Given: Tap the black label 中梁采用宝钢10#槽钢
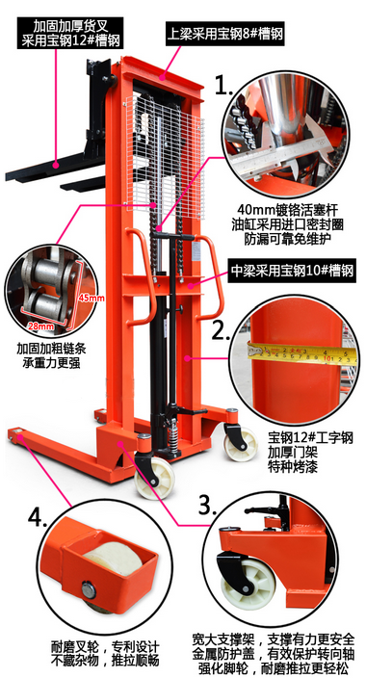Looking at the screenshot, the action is [x=292, y=272].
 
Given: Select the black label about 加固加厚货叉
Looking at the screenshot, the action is [x=71, y=33].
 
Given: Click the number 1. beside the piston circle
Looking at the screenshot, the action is [x=224, y=85].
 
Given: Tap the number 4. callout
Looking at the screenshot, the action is [x=38, y=517].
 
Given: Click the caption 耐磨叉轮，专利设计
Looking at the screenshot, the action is [x=105, y=648].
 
